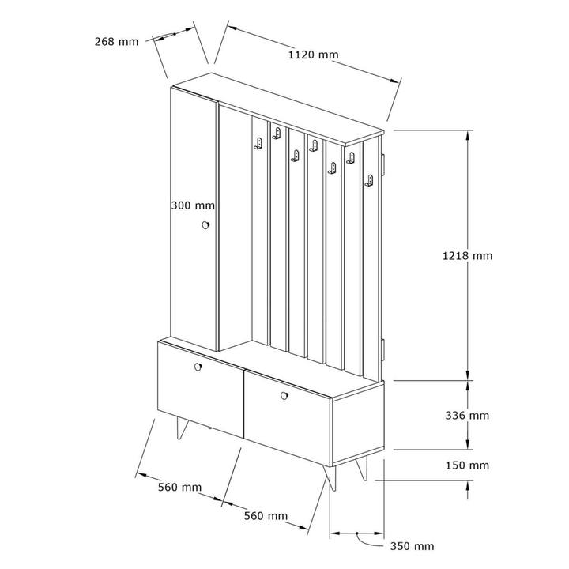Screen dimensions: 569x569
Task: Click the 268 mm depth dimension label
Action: [116, 42]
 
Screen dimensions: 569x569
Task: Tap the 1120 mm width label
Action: [313, 55]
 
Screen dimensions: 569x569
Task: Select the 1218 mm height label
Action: [467, 256]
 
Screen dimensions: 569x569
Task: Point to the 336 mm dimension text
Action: [467, 415]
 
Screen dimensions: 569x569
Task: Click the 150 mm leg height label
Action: [467, 465]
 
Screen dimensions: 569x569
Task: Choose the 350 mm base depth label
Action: [412, 546]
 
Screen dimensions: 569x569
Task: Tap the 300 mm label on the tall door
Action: [193, 205]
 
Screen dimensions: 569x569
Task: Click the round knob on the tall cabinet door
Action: [205, 225]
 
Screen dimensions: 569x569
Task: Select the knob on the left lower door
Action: [198, 367]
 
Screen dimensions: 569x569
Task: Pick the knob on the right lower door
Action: [284, 396]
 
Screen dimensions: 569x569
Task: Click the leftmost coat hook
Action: [258, 143]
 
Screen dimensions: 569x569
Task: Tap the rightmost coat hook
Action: [369, 181]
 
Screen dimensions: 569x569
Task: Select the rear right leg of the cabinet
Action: [362, 468]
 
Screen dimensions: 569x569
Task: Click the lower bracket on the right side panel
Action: [382, 350]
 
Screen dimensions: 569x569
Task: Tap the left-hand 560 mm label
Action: [179, 487]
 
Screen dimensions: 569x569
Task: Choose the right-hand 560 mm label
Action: [266, 515]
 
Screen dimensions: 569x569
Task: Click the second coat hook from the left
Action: [277, 134]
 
